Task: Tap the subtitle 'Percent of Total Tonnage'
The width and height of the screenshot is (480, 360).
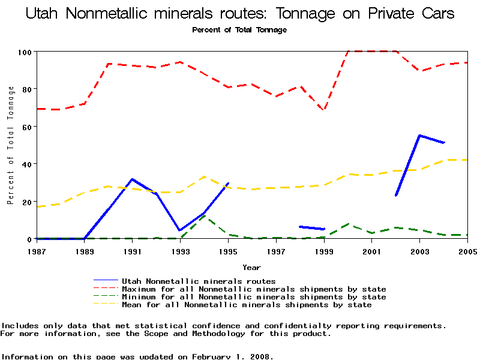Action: [239, 30]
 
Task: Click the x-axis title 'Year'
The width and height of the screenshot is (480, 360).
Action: [251, 267]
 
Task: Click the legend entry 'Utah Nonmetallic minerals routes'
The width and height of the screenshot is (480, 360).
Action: [199, 281]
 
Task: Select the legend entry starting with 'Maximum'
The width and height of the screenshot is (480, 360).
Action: [254, 289]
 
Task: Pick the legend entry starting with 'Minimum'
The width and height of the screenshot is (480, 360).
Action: [254, 297]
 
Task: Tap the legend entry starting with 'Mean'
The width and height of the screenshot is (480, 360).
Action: [247, 305]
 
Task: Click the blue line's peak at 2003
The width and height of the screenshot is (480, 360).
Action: [419, 136]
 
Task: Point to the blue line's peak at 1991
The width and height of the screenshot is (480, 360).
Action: [132, 179]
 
